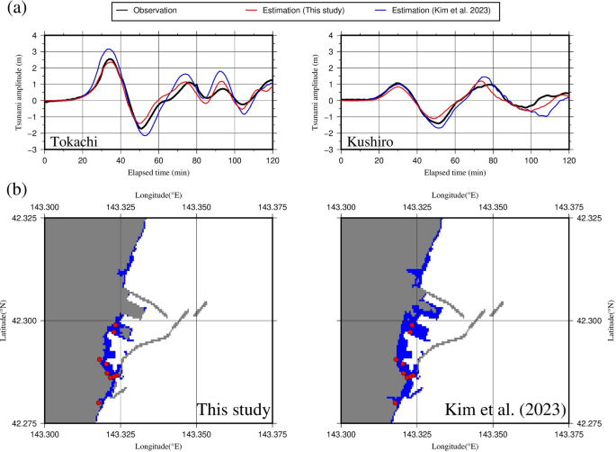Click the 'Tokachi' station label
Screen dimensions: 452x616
coord(75,141)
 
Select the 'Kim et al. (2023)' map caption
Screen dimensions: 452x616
coord(505,411)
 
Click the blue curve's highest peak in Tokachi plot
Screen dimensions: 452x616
coord(109,50)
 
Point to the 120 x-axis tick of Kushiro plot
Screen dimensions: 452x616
coord(568,160)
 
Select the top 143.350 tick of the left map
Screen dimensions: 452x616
coord(197,207)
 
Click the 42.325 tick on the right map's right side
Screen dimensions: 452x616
coord(591,219)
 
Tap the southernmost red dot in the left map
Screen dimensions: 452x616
coord(99,402)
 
